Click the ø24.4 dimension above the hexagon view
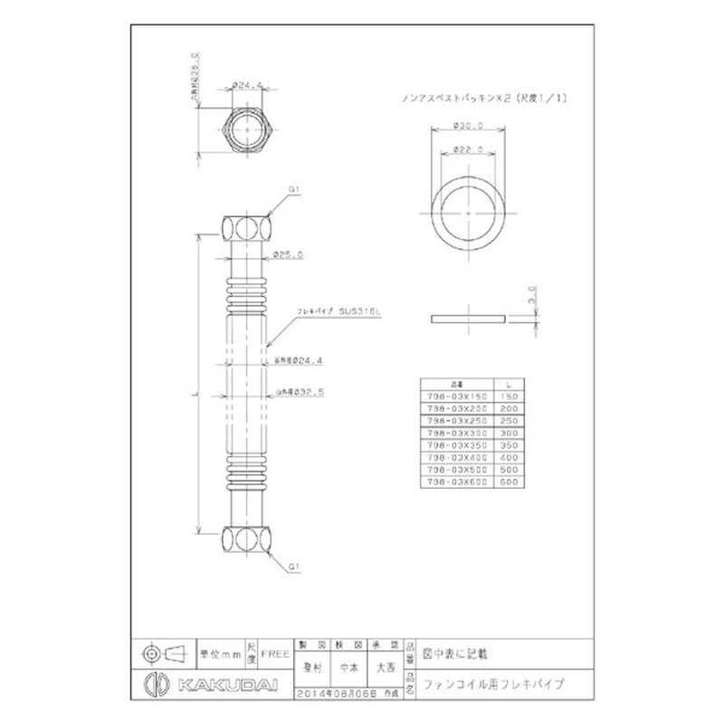247,85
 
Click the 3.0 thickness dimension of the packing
533,294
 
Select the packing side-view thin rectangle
469,319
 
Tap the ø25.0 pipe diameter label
291,254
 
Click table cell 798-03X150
456,396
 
